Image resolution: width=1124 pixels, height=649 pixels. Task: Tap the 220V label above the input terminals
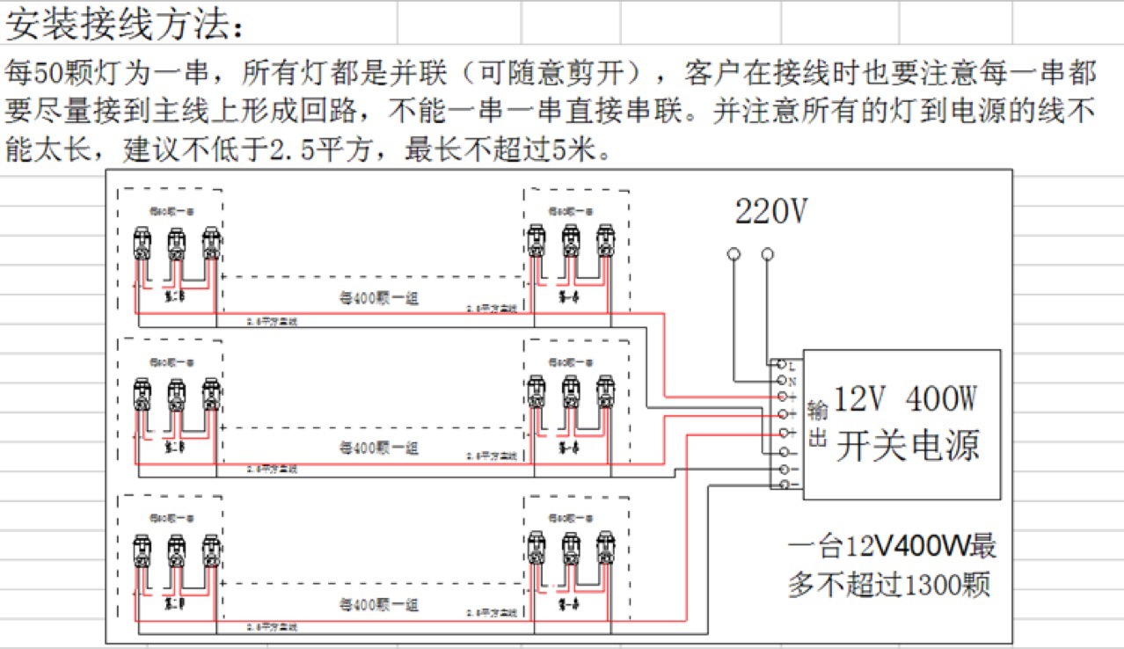click(x=771, y=212)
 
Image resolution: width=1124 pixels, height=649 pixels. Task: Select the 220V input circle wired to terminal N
click(x=734, y=254)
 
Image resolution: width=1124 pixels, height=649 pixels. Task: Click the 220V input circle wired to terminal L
click(x=768, y=254)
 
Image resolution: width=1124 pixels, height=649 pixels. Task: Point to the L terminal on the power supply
click(x=780, y=363)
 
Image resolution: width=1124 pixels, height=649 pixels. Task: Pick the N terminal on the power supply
click(x=780, y=381)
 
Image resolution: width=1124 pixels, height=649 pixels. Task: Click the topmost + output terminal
click(x=780, y=397)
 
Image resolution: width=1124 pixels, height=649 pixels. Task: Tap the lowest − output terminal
click(x=780, y=484)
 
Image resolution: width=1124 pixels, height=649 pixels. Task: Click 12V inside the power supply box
click(x=860, y=401)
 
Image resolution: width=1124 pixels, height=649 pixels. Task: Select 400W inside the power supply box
click(x=940, y=401)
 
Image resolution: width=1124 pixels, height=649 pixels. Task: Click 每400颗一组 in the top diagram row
click(x=379, y=298)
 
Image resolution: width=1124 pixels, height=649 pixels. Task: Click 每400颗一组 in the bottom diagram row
click(x=379, y=605)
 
